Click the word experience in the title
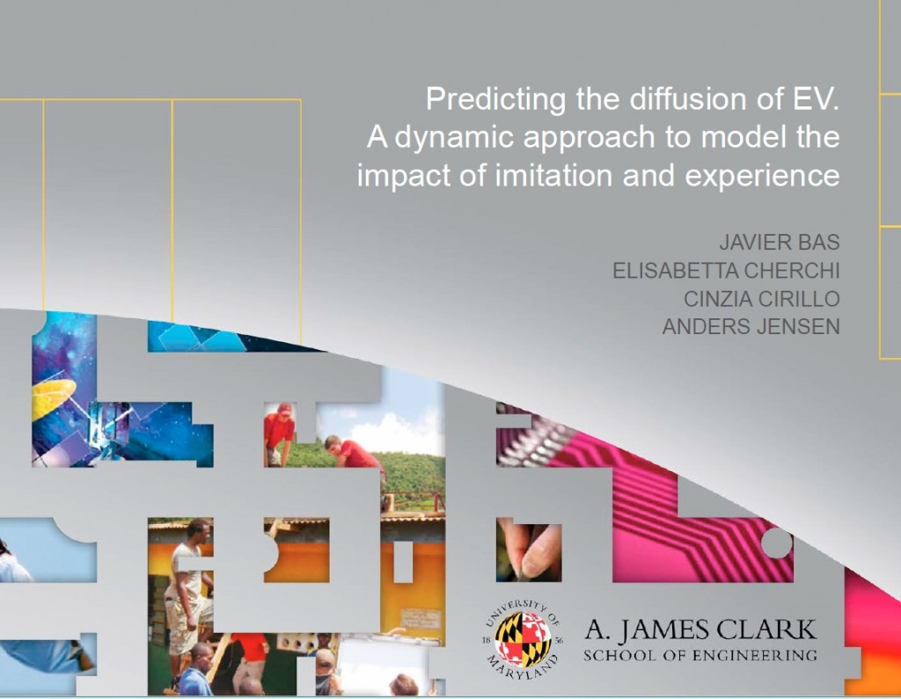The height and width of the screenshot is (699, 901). (762, 177)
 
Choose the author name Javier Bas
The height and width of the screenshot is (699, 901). (780, 243)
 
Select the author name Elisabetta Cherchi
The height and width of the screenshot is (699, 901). (726, 271)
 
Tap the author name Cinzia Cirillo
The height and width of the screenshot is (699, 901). (761, 299)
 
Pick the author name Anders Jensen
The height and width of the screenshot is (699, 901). (751, 327)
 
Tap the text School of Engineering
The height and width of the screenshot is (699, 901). (700, 655)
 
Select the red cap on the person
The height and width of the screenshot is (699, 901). (284, 408)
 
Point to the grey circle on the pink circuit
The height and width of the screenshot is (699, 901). (776, 542)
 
